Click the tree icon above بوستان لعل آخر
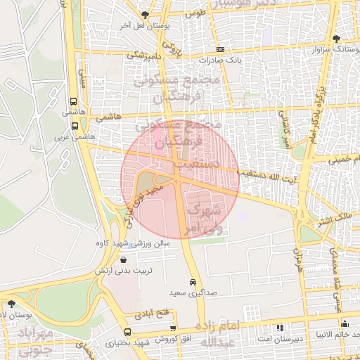tap(146, 15)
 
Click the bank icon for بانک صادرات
tap(220, 50)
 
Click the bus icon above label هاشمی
tap(75, 101)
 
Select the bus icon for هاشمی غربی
tap(75, 127)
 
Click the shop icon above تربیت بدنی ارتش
tap(124, 259)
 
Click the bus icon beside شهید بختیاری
tap(127, 332)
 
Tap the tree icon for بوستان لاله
tap(11, 304)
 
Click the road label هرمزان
tap(297, 259)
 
